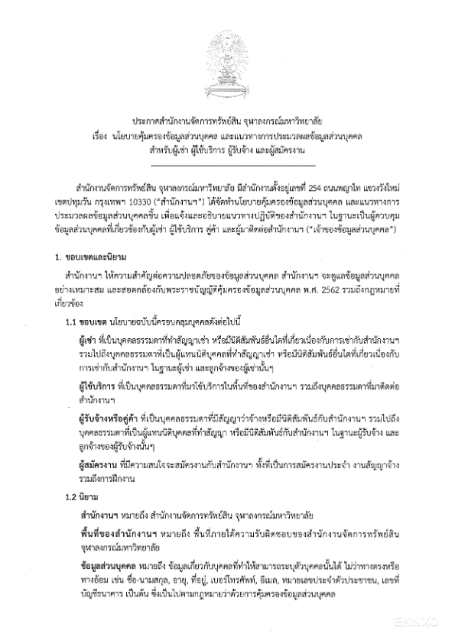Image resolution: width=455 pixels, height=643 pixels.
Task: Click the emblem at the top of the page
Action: pyautogui.click(x=227, y=65)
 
